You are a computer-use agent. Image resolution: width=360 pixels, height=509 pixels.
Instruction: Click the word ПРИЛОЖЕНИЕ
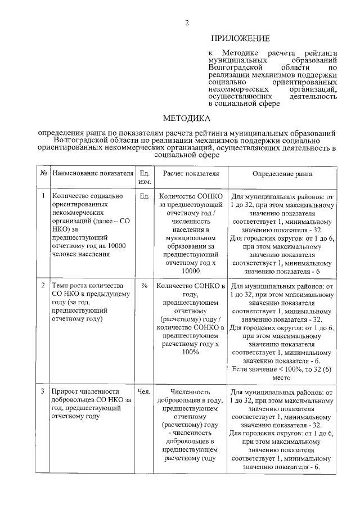click(x=240, y=39)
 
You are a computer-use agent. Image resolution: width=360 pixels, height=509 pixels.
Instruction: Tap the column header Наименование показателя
click(x=93, y=173)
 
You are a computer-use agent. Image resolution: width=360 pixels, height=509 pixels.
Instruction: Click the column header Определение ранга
click(x=282, y=173)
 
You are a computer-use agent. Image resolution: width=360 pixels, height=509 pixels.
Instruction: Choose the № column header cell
click(x=43, y=173)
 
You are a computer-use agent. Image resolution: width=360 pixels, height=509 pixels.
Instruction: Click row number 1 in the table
click(x=43, y=196)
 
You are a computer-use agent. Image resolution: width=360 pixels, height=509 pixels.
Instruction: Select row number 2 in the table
click(x=43, y=286)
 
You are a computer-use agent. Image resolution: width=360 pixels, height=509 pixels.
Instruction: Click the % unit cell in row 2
click(x=144, y=286)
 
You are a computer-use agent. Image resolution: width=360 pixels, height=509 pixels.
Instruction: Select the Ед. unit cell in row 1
click(x=143, y=196)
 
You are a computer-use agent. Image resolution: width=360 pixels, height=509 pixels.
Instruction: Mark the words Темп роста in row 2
click(x=70, y=286)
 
